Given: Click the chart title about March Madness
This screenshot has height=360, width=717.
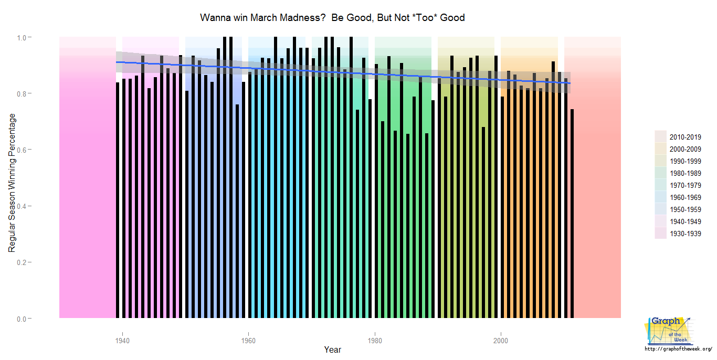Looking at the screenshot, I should [x=332, y=18].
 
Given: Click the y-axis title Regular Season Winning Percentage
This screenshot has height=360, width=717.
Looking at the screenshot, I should [x=12, y=183].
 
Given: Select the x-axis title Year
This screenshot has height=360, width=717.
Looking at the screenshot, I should [x=332, y=350].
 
